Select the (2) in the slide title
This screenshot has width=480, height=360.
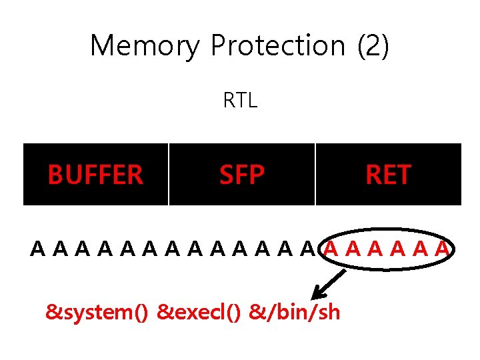tap(373, 46)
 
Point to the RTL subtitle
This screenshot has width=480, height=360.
tap(240, 101)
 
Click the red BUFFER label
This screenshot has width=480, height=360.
tap(95, 175)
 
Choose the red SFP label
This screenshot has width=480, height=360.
tap(242, 175)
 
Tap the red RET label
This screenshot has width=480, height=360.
tap(388, 175)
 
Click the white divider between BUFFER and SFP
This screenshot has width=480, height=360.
tap(169, 174)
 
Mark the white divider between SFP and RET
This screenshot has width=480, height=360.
tap(315, 174)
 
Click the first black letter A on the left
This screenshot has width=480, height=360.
tap(38, 250)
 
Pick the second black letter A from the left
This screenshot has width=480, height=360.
tap(60, 250)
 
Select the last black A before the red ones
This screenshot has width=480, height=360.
tap(307, 250)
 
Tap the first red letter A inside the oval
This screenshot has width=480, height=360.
tap(330, 250)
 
